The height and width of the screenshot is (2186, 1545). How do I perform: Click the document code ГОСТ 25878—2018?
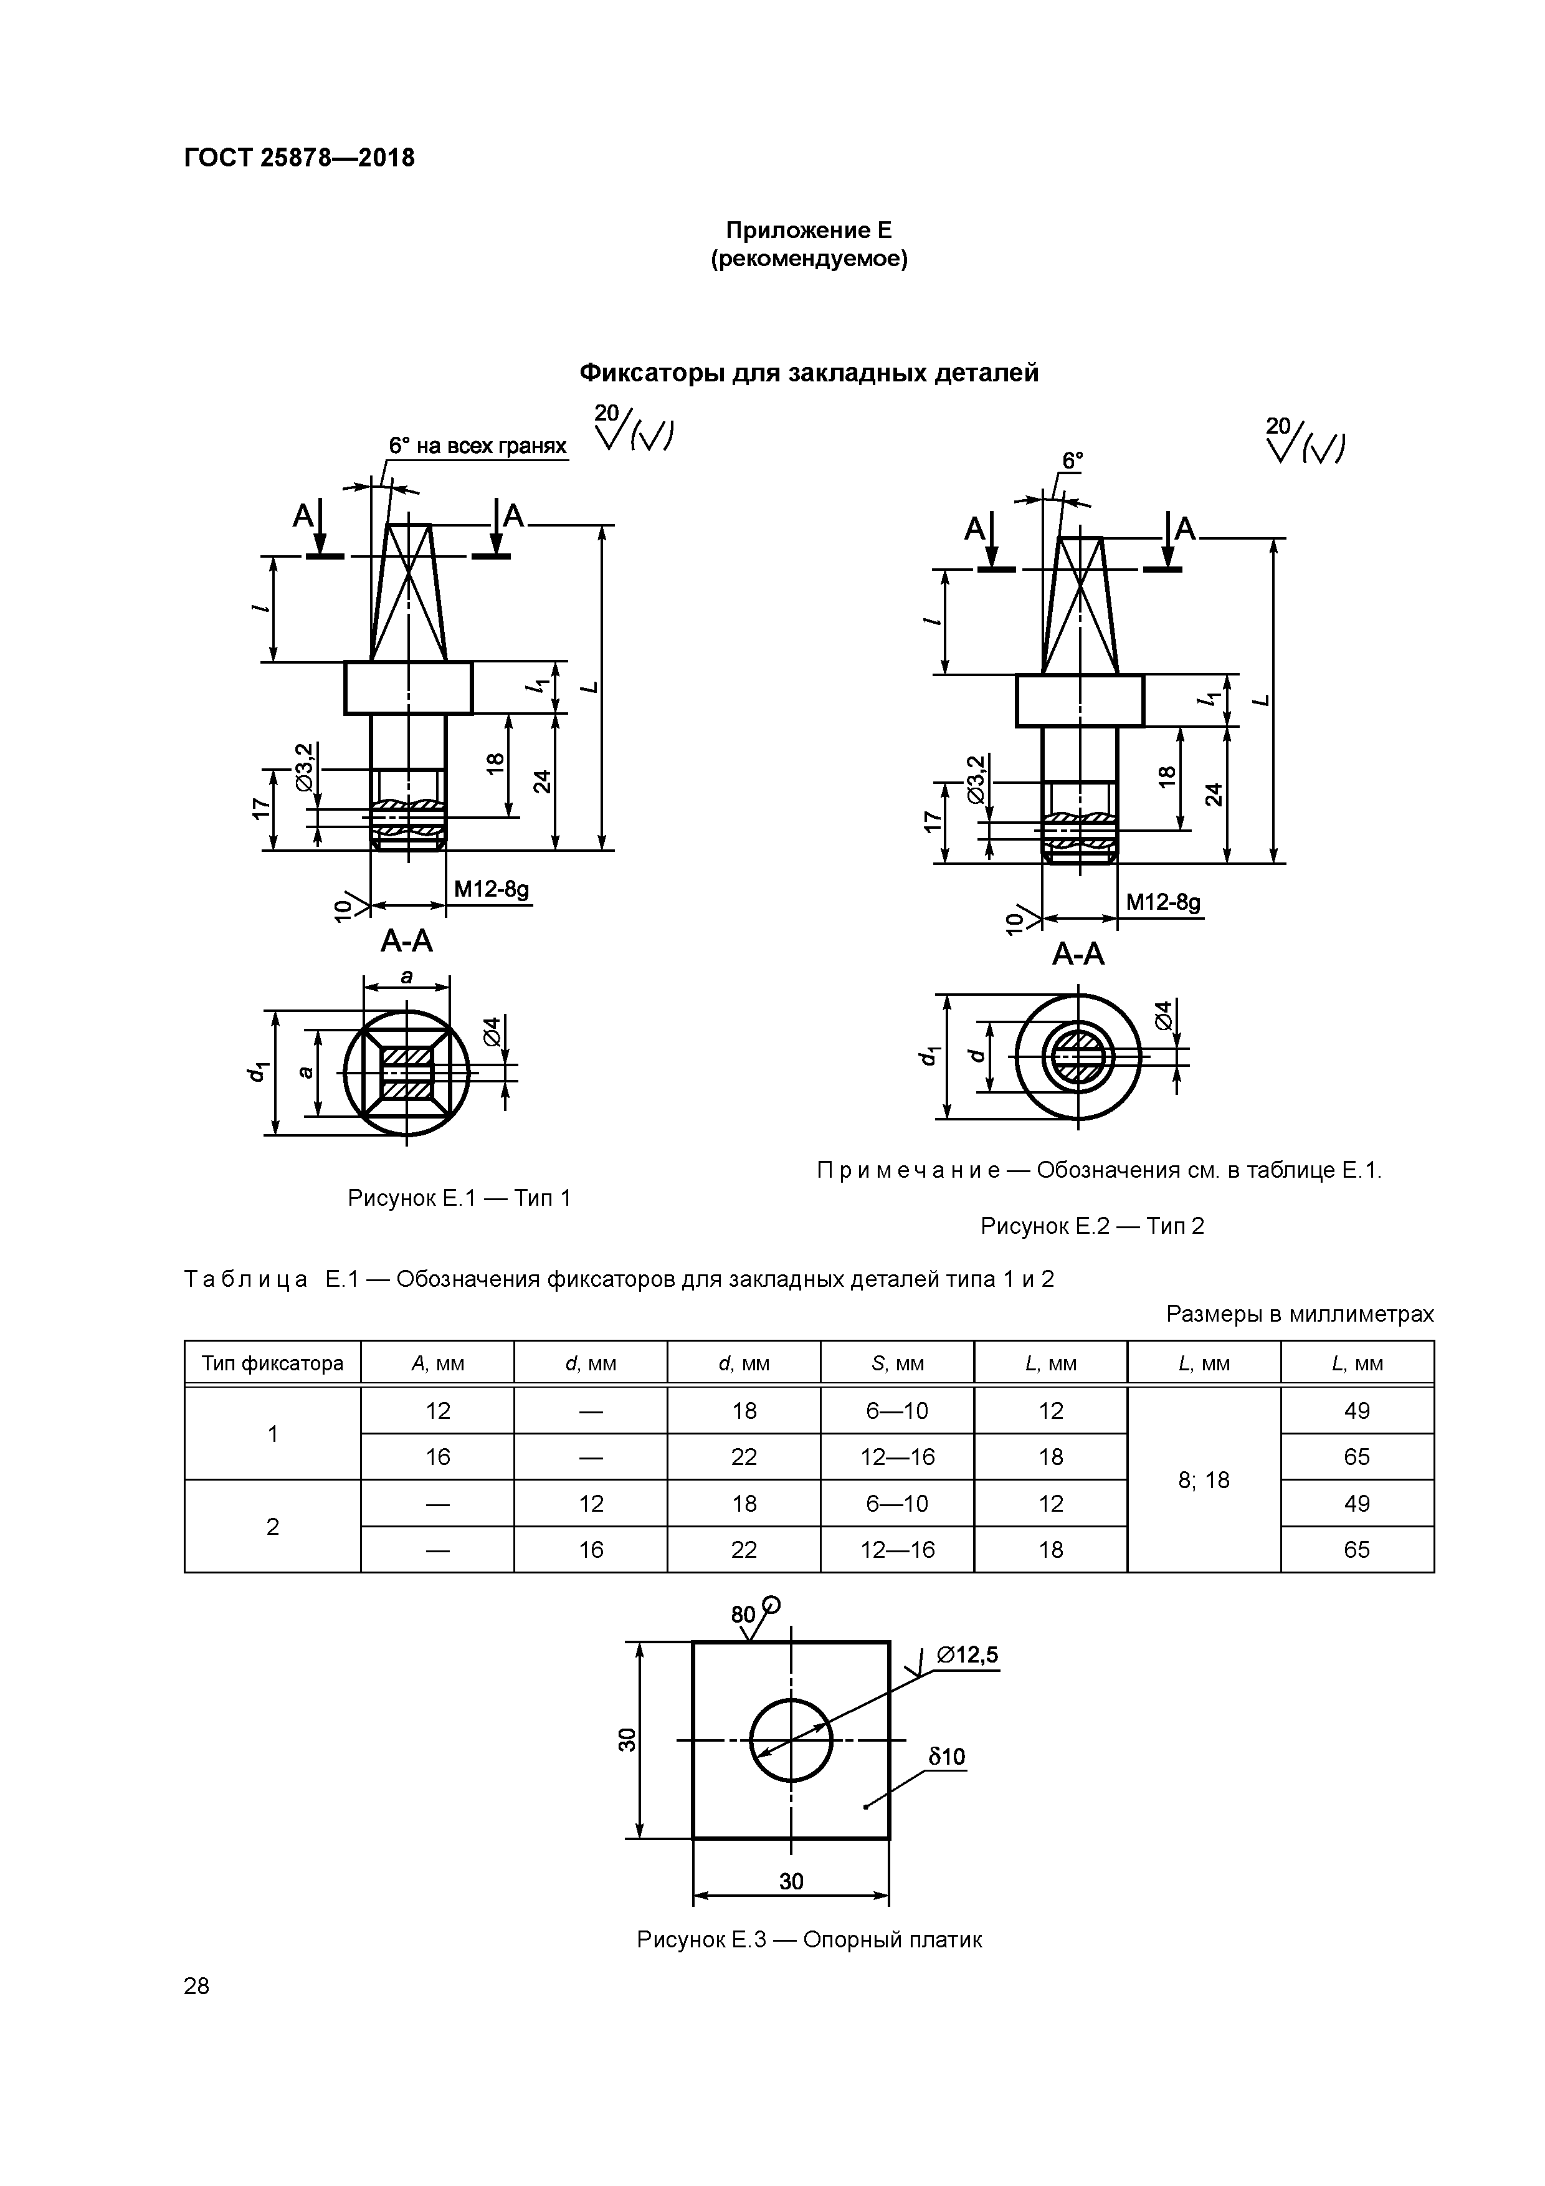tap(299, 158)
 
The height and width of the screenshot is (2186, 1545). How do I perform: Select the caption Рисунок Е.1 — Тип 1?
tap(459, 1198)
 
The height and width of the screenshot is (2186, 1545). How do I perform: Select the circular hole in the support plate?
tap(790, 1740)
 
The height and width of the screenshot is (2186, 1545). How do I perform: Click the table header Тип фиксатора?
tap(272, 1363)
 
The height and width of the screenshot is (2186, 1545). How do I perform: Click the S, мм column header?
tap(896, 1363)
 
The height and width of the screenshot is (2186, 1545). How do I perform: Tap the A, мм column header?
tap(437, 1363)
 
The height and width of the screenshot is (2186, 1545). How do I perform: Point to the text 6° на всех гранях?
tap(477, 446)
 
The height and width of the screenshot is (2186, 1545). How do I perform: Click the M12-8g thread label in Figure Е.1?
tap(490, 889)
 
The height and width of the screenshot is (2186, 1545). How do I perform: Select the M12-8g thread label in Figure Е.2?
tap(1162, 902)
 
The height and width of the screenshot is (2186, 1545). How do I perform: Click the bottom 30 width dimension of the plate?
tap(790, 1881)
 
